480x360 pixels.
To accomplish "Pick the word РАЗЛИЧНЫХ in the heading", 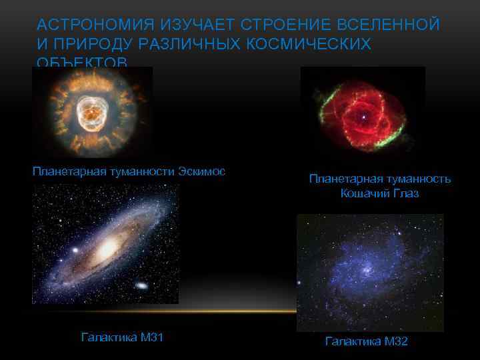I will tap(189, 44).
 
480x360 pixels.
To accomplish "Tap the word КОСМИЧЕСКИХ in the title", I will tap(314, 44).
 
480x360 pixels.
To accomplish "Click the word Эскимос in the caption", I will tap(202, 171).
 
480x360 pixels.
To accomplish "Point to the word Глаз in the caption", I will tap(405, 193).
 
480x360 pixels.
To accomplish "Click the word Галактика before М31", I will tap(106, 337).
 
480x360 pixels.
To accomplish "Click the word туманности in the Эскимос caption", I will tap(143, 171).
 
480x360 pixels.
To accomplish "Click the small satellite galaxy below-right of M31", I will tap(142, 285).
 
